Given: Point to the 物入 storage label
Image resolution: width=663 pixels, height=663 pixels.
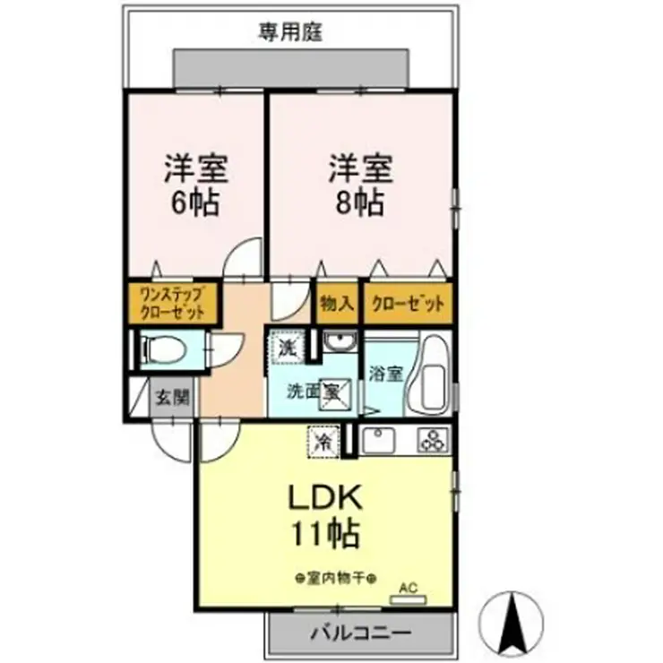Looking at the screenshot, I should tap(336, 304).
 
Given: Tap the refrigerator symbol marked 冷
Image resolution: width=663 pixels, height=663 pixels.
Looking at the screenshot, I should tap(322, 440).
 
